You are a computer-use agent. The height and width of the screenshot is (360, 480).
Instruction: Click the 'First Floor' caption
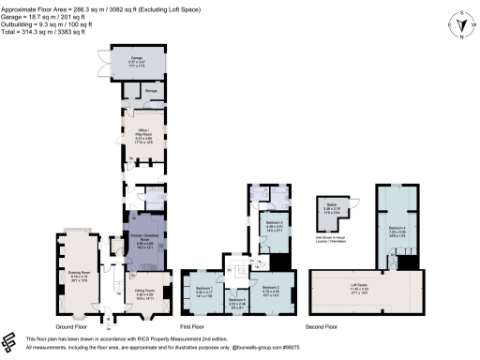(x=238, y=327)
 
